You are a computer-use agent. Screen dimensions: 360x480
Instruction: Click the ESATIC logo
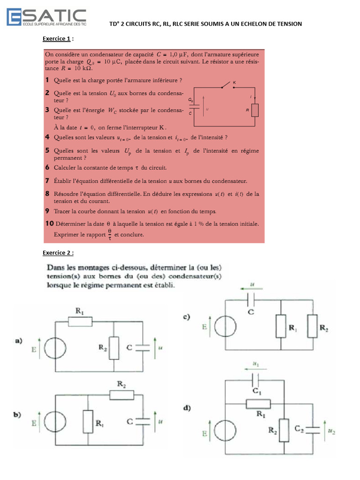[46, 17]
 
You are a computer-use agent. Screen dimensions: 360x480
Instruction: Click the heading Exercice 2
[58, 253]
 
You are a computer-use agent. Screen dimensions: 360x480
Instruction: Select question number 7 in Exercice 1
[48, 180]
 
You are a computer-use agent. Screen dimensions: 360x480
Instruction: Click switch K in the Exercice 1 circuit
[228, 85]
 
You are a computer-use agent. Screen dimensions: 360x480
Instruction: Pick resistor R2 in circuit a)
[114, 347]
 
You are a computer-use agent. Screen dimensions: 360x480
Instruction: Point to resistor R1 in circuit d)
[257, 404]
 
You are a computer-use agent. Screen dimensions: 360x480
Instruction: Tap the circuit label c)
[186, 317]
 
